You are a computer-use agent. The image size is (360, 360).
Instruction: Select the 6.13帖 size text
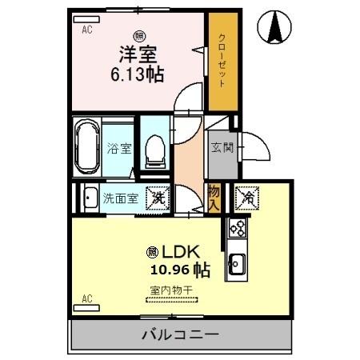pos(138,75)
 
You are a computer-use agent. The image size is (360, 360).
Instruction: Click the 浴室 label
pos(117,148)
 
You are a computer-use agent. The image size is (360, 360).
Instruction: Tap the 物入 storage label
pos(215,197)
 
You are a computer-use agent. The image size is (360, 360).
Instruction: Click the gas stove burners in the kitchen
pos(237,230)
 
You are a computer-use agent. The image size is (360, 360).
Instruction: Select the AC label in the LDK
pos(86,299)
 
